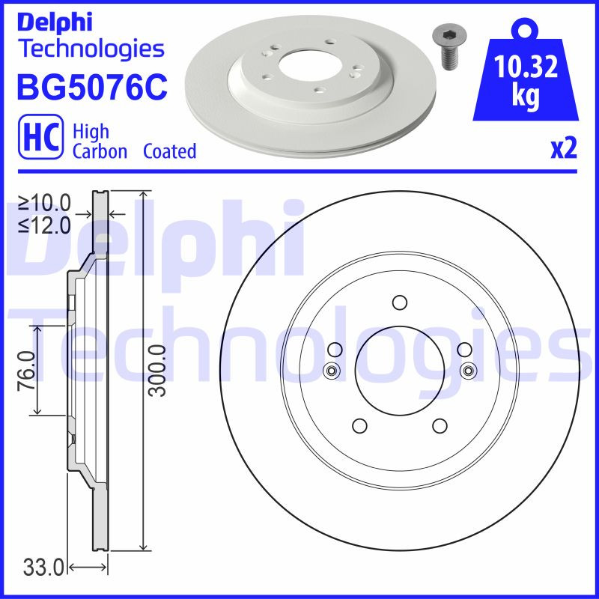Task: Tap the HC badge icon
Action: click(34, 139)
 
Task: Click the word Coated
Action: click(169, 151)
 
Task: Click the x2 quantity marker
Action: click(564, 149)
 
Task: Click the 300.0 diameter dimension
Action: click(156, 370)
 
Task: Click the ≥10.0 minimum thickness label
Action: click(45, 202)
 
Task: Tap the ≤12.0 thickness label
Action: click(45, 224)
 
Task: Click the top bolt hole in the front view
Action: click(399, 302)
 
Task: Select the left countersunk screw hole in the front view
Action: click(330, 370)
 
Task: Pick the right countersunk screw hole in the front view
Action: click(469, 370)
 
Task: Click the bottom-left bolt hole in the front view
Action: click(359, 425)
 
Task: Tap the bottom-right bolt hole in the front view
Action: click(440, 425)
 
